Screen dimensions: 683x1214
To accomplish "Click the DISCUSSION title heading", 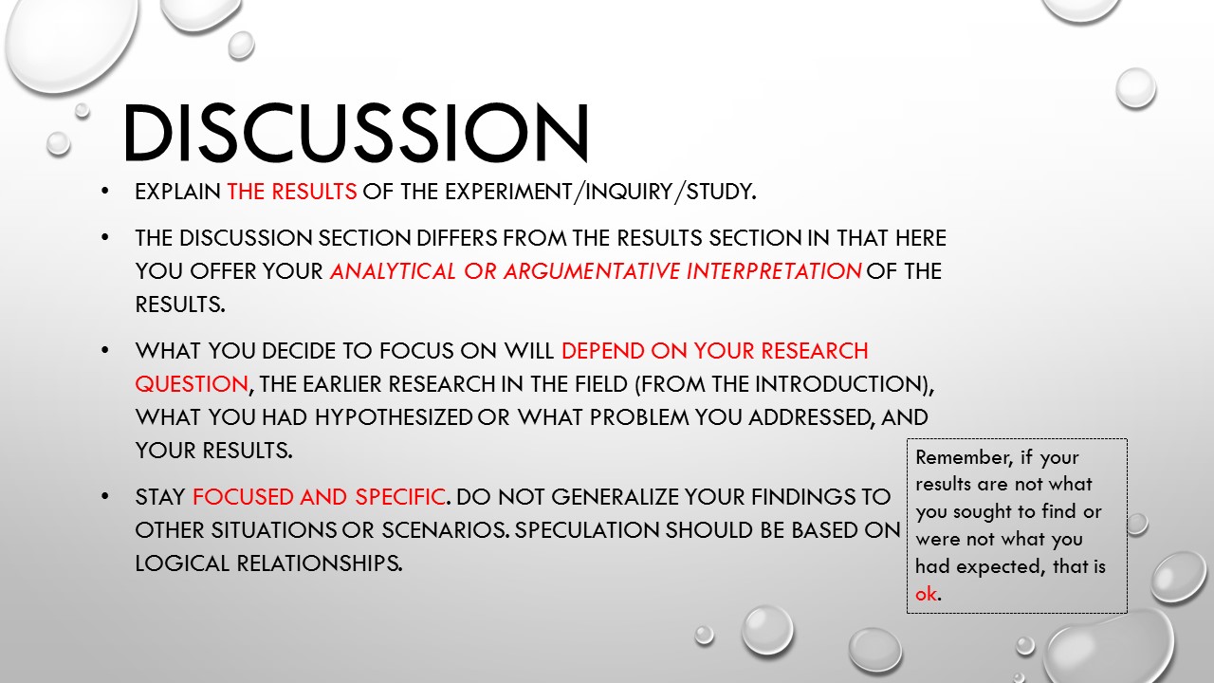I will [356, 133].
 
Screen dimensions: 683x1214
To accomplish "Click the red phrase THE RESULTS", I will [291, 192].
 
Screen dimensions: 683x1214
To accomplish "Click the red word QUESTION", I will [192, 384].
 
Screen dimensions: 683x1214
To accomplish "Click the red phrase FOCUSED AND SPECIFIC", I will [319, 497].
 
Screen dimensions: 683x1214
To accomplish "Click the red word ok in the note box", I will [926, 595].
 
